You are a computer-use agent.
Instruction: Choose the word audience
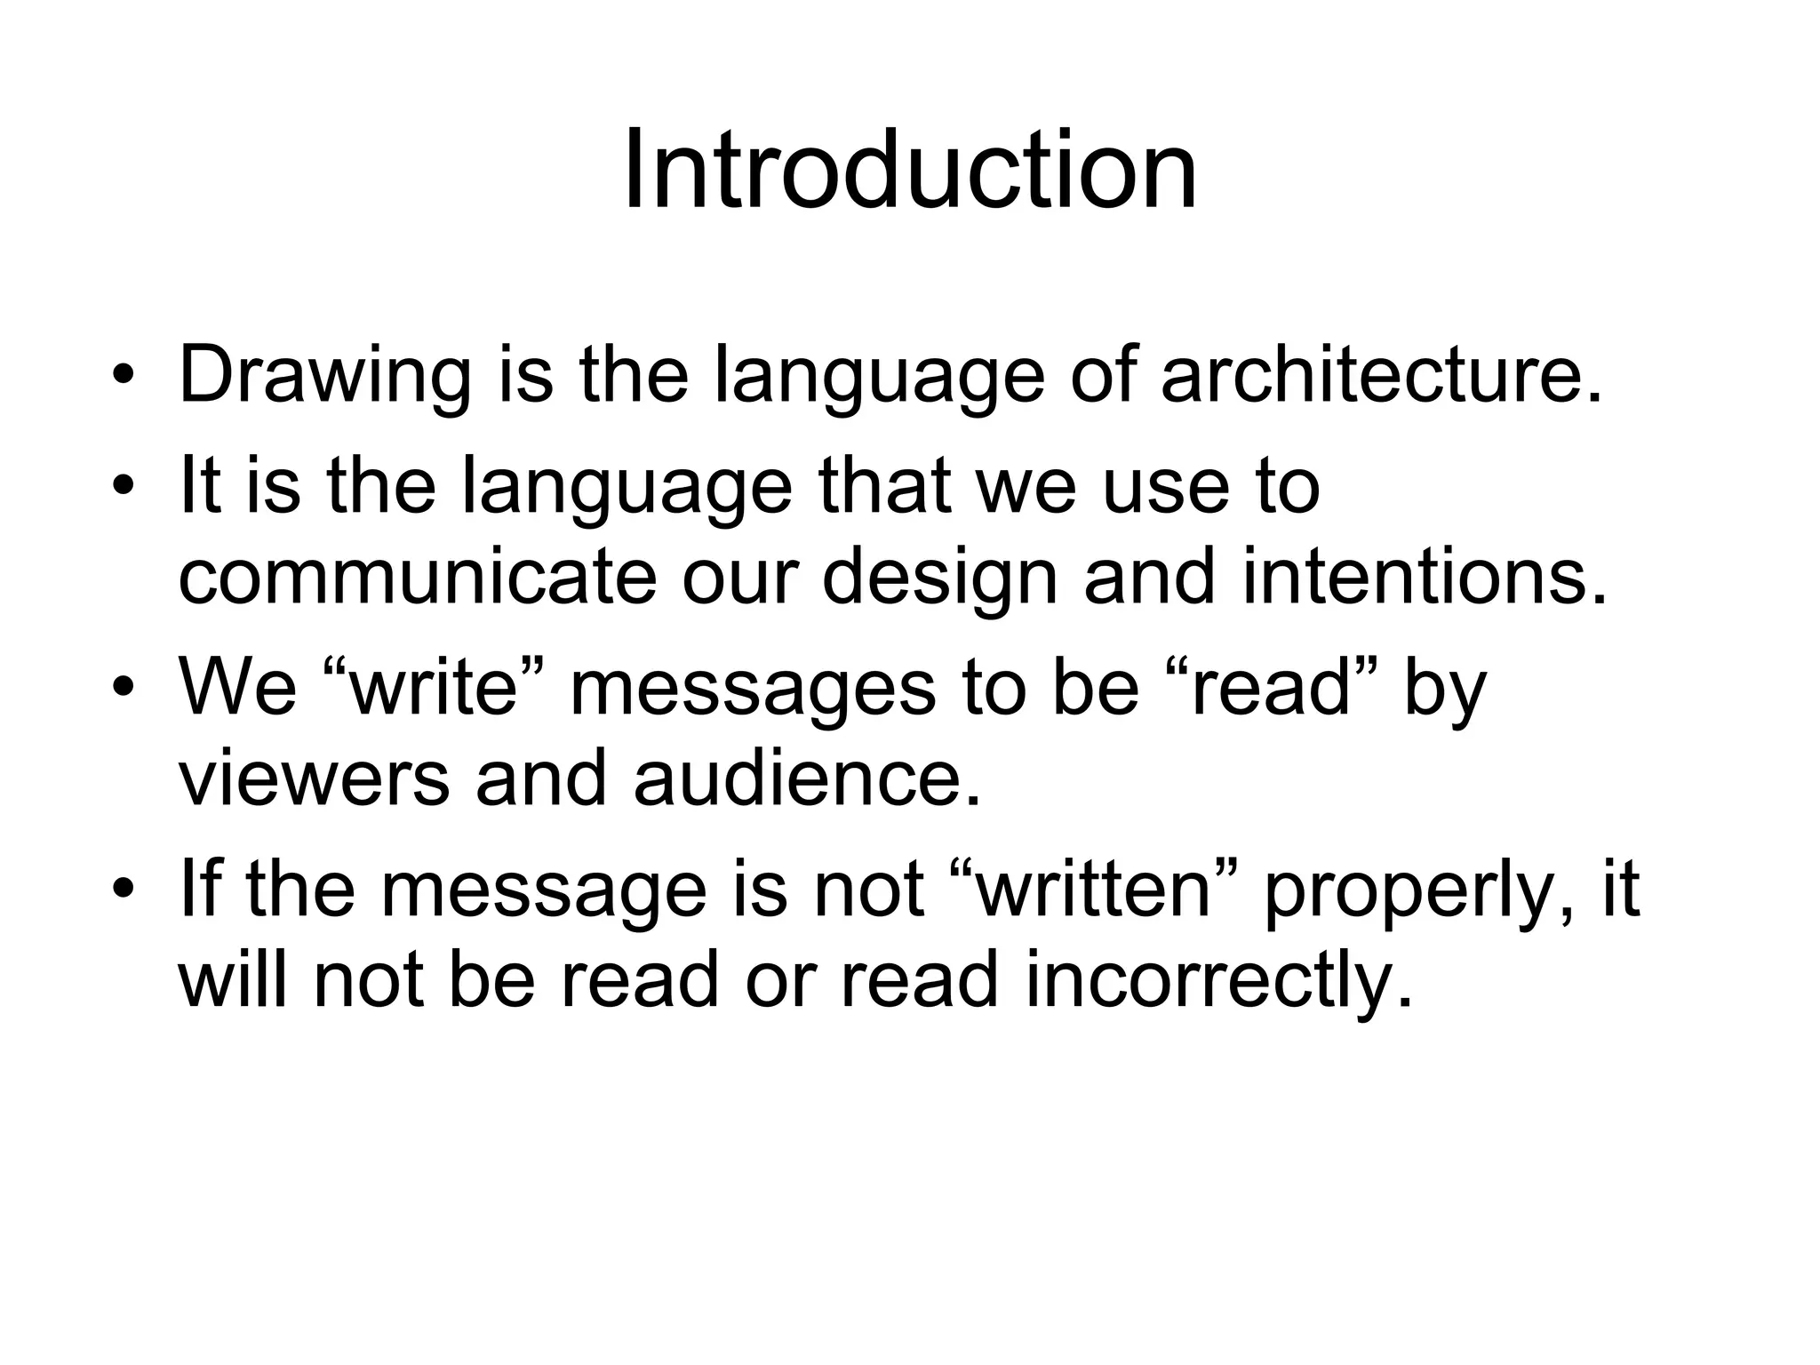click(x=808, y=778)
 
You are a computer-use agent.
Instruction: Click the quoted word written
click(x=1094, y=888)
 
